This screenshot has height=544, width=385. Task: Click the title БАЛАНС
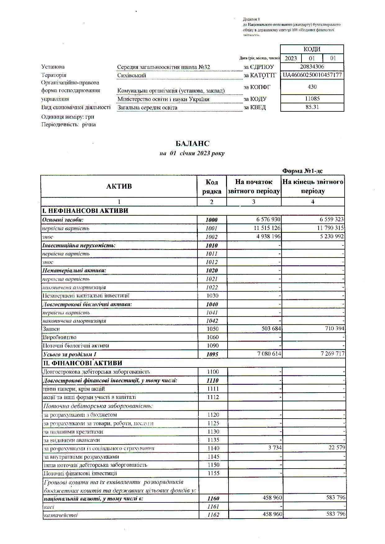[192, 143]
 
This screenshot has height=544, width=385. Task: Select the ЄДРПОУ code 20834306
[312, 67]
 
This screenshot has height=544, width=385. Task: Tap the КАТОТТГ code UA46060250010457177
[312, 75]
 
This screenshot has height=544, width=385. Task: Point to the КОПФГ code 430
[312, 87]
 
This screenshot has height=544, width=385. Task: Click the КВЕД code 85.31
[312, 107]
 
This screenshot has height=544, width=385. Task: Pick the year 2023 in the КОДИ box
[291, 58]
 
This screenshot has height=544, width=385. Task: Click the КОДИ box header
[312, 49]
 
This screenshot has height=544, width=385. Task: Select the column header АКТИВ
[119, 186]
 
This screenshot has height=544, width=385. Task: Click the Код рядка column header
[212, 187]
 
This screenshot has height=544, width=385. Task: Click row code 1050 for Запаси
[212, 329]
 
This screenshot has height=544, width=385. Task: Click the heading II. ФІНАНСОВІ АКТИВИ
[82, 363]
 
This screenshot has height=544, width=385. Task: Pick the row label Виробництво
[59, 337]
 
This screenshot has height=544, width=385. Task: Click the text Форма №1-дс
[303, 171]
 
